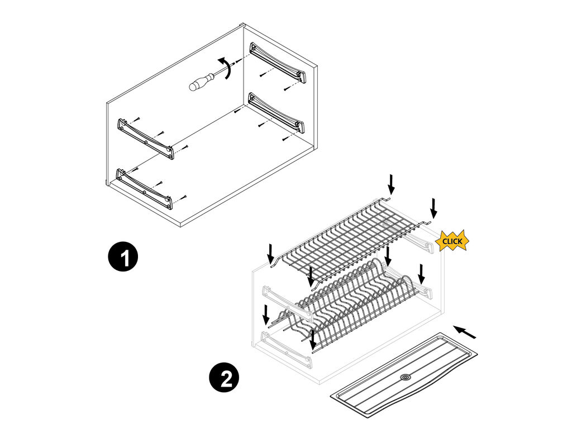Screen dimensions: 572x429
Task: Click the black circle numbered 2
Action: click(x=225, y=377)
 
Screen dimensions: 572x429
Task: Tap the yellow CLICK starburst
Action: click(x=452, y=241)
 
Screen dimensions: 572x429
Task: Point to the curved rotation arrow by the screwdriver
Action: click(x=227, y=67)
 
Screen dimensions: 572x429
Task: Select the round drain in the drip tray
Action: click(x=404, y=377)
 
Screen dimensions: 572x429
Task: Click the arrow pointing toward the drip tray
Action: click(x=465, y=332)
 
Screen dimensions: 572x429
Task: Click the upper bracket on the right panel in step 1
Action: click(x=278, y=63)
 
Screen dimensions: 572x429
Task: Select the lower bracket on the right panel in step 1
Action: click(x=277, y=112)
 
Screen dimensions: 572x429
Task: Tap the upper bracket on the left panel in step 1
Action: click(x=146, y=139)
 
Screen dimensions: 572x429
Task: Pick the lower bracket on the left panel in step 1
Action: click(x=144, y=189)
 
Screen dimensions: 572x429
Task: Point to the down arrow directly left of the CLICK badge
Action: click(x=433, y=209)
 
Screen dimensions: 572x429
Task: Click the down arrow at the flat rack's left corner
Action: click(x=270, y=254)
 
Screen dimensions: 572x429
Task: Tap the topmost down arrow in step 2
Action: click(x=391, y=184)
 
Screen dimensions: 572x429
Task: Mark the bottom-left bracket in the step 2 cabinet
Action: click(x=287, y=349)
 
